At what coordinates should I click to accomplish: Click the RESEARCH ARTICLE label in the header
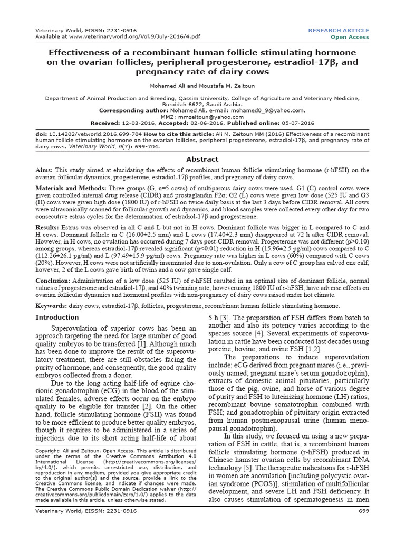point(339,30)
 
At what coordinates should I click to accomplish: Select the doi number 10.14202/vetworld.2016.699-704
point(93,135)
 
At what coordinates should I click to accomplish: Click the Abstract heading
point(202,159)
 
